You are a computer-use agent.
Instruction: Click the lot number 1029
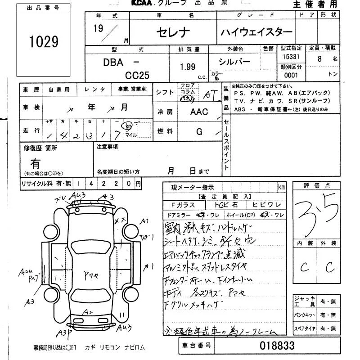[x=44, y=42]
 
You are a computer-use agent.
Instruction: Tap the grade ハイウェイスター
[x=256, y=32]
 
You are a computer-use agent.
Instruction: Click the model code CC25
[x=137, y=75]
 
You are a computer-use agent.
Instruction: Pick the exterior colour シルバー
[x=234, y=62]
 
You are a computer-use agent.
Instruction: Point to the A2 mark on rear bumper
[x=88, y=311]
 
